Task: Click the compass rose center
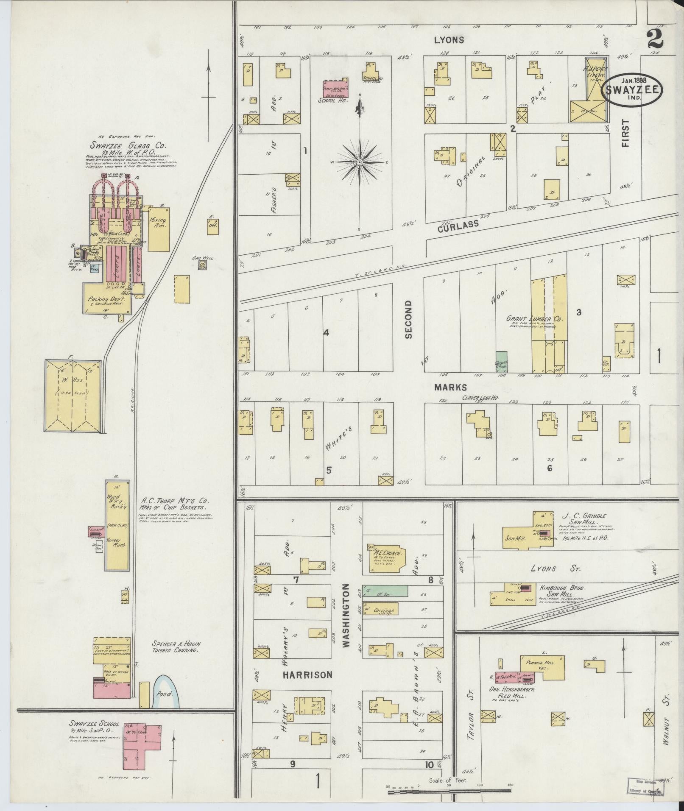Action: click(x=360, y=162)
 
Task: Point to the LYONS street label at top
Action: click(x=449, y=40)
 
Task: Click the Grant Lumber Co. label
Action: click(x=534, y=318)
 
